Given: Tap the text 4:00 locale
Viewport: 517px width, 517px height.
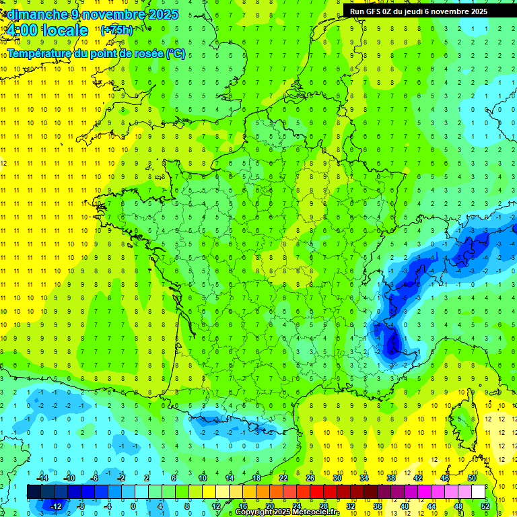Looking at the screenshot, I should click(x=46, y=30).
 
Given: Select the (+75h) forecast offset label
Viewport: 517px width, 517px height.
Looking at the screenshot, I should click(x=116, y=30).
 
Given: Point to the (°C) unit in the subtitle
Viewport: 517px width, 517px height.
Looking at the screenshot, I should click(x=176, y=53).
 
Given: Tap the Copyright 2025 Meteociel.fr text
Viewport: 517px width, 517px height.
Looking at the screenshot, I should click(x=287, y=512).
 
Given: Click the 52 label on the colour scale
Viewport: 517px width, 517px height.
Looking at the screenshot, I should click(x=485, y=506).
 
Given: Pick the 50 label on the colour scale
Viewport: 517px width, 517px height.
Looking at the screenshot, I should click(x=471, y=478).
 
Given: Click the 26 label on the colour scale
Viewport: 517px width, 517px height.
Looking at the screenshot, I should click(x=310, y=478).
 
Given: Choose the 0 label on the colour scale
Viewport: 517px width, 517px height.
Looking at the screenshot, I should click(x=133, y=506).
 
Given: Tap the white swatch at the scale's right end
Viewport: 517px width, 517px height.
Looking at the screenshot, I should click(x=478, y=491).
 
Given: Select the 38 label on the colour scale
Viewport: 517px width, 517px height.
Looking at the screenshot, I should click(x=390, y=478).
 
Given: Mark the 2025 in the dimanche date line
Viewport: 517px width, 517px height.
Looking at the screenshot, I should click(x=164, y=13).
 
